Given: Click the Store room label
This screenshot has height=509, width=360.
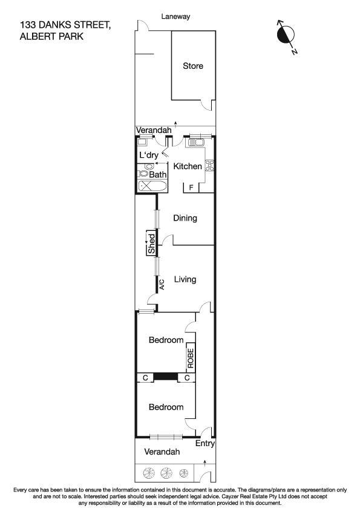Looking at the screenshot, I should point(193,66).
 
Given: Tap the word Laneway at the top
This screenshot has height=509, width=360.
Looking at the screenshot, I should point(175,17).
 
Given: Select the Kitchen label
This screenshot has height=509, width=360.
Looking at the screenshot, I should point(188,166).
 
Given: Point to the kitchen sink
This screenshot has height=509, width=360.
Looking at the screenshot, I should point(197,143).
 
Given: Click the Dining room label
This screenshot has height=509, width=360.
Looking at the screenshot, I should point(185,218).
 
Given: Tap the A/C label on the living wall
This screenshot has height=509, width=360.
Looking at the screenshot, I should point(162,284).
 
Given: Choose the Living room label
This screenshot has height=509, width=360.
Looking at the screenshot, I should point(185,279).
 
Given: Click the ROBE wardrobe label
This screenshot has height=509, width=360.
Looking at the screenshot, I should point(191,358).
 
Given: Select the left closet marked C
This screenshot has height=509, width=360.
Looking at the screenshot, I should point(145,378).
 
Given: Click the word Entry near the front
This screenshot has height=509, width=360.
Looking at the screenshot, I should point(205,444).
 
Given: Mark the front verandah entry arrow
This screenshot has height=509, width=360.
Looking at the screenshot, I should point(205,463).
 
